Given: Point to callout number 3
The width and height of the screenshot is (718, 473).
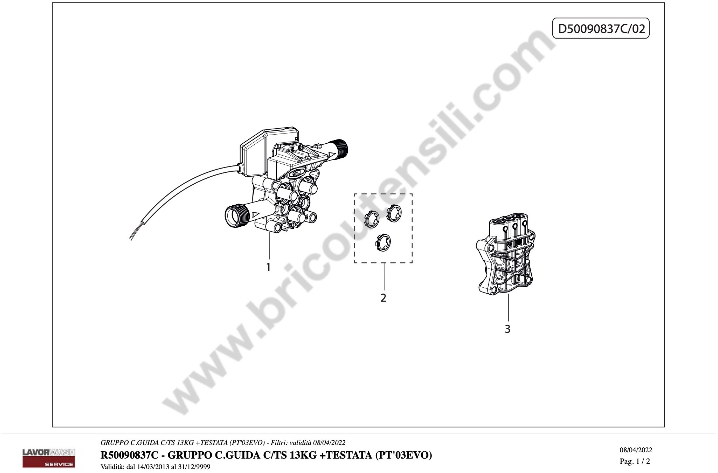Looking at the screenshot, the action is pos(508,329).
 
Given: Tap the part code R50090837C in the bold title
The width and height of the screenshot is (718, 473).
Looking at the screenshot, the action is pos(129,455).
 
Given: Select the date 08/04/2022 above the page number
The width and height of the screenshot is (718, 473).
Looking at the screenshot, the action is pos(636,450).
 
